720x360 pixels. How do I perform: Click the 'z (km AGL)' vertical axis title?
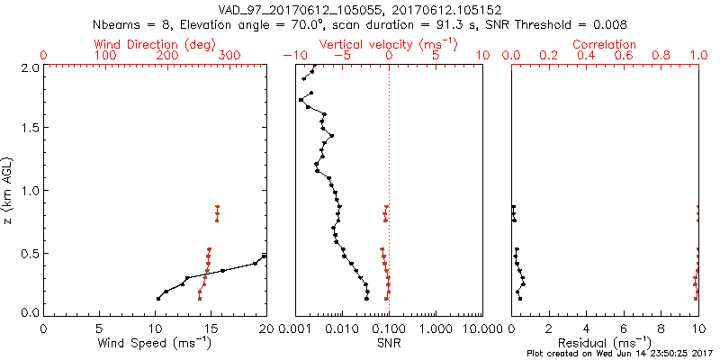[8, 190]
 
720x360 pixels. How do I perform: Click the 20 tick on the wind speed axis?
[266, 328]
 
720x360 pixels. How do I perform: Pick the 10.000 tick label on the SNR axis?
[481, 328]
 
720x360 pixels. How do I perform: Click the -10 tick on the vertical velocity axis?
[292, 56]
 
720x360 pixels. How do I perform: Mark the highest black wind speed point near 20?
[265, 256]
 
